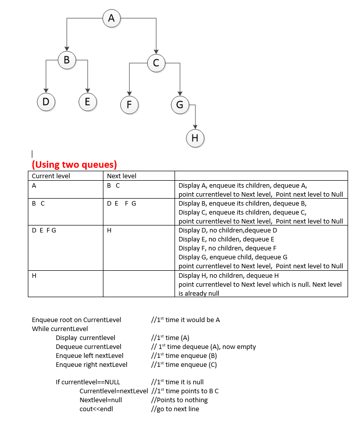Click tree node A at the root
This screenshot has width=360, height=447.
(x=111, y=18)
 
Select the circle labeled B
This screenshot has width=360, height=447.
(x=67, y=61)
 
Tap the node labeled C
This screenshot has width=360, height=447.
(x=156, y=63)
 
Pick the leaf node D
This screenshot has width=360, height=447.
(x=46, y=102)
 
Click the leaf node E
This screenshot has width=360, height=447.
(x=88, y=102)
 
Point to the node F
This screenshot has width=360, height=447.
(x=129, y=105)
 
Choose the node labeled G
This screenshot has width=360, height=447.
(x=180, y=105)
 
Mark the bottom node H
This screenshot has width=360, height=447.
(x=195, y=138)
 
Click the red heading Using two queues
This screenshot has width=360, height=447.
(x=74, y=165)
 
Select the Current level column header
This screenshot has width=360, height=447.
(x=51, y=176)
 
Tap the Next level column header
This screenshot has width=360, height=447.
(x=121, y=176)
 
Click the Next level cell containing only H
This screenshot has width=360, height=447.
(x=109, y=230)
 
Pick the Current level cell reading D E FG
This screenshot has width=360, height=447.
(x=44, y=230)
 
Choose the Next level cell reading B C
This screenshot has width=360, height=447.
(x=113, y=185)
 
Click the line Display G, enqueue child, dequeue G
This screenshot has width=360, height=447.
(x=233, y=257)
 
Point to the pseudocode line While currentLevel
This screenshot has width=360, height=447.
(x=60, y=329)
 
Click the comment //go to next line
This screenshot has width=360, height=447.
(x=175, y=409)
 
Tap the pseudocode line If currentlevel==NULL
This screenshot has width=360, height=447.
(x=88, y=382)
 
